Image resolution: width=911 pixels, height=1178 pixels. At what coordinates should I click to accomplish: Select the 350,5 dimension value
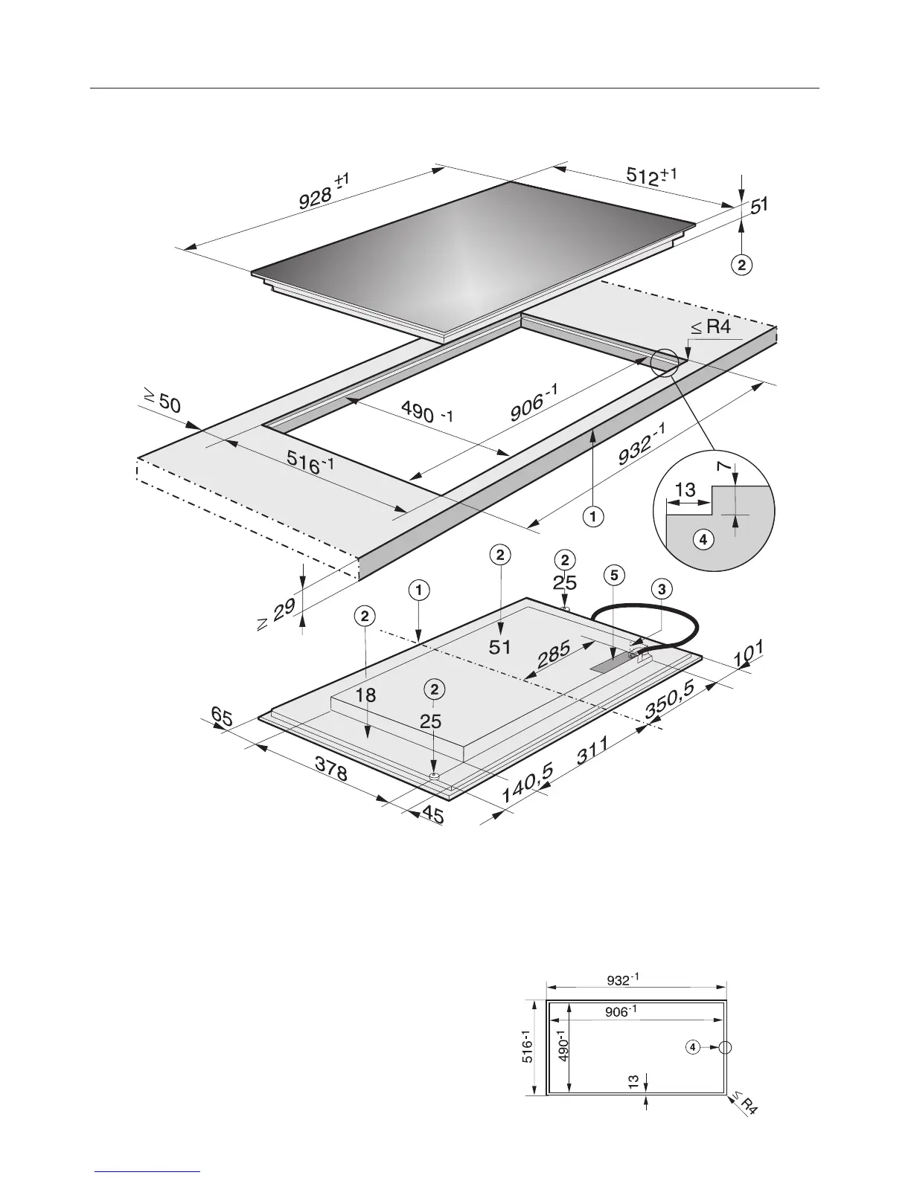tap(670, 701)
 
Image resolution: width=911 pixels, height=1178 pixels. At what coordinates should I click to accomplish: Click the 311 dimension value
tap(593, 751)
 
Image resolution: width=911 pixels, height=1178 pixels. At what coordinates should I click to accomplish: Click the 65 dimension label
tap(221, 718)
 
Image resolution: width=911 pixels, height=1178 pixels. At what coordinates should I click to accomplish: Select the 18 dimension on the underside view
tap(365, 696)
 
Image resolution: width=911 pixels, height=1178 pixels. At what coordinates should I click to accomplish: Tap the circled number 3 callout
tap(661, 589)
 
